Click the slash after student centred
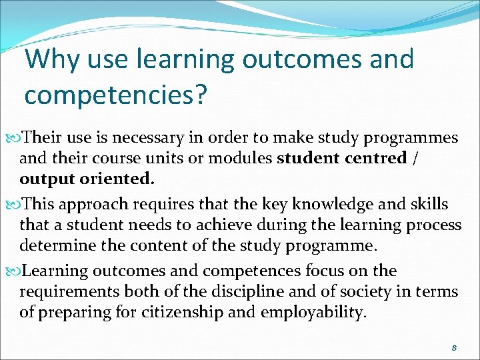416,159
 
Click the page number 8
454,347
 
